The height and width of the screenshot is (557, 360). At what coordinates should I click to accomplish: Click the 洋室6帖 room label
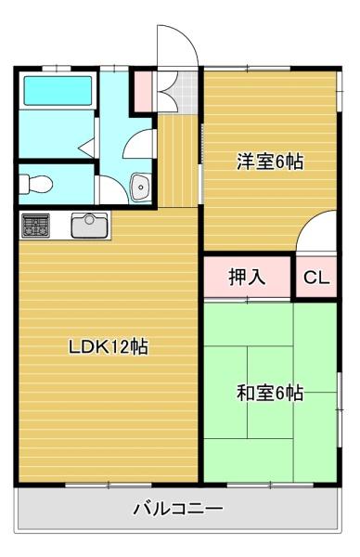click(x=270, y=162)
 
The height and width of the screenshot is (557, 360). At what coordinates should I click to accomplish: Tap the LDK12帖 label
click(x=109, y=347)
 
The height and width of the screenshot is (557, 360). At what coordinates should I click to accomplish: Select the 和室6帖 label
click(x=270, y=394)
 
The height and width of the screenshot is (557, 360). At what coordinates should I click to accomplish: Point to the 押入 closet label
click(x=247, y=277)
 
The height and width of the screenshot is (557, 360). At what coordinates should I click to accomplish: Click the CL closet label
click(x=316, y=278)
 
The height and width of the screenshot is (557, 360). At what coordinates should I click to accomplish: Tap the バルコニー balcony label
click(x=178, y=509)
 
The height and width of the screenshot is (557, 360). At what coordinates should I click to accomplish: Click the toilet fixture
click(x=35, y=185)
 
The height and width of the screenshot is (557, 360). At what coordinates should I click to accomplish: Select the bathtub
click(x=58, y=91)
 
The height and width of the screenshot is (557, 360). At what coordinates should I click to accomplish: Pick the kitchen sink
click(x=89, y=226)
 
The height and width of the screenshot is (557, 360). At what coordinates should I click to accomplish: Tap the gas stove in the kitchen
click(x=35, y=226)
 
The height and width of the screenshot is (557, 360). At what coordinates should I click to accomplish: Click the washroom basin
click(x=141, y=188)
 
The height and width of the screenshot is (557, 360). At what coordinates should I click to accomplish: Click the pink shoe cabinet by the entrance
click(x=144, y=92)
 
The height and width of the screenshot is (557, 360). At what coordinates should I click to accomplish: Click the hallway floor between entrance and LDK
click(x=177, y=161)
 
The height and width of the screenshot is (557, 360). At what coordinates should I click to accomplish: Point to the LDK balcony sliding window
click(x=109, y=486)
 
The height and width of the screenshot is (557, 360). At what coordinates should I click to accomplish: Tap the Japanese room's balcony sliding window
click(x=271, y=485)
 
